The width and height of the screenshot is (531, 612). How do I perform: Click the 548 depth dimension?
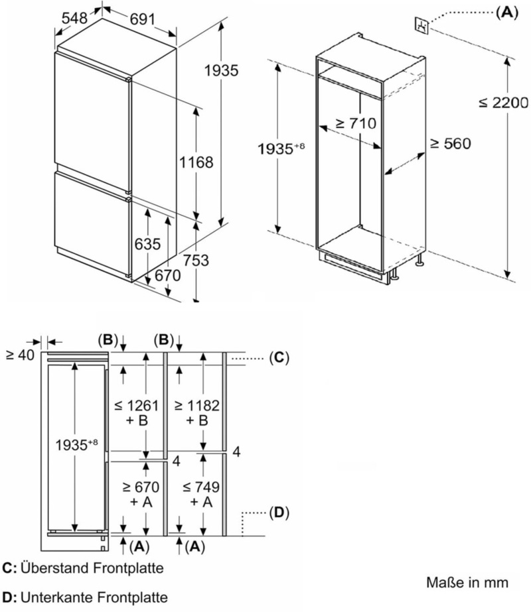pos(74,19)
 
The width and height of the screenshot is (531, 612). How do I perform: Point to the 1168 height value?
pos(196,162)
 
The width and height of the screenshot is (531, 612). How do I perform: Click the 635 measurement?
pos(147,244)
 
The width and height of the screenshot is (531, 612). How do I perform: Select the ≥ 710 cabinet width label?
pos(355,123)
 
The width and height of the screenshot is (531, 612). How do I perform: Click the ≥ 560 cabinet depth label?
pos(450,143)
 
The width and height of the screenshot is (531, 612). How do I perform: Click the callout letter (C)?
pos(279,358)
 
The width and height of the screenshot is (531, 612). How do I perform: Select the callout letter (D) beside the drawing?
pos(279,513)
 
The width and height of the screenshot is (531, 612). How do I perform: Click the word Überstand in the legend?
pos(52,568)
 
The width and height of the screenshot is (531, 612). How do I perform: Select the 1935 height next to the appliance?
pos(221,70)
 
